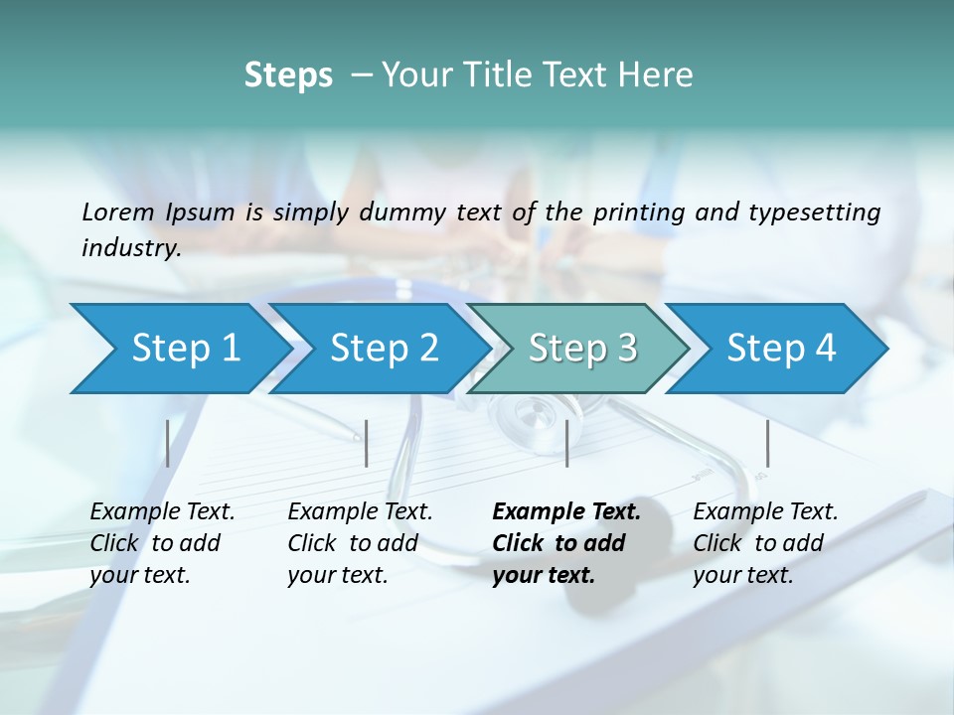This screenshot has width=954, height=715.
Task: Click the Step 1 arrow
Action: coord(179,349)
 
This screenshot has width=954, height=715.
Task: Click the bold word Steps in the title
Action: coord(288,75)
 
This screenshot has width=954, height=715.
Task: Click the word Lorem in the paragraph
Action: coord(117,212)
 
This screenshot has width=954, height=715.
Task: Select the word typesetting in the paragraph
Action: coord(814,212)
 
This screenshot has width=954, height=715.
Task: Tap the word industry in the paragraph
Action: coord(131,247)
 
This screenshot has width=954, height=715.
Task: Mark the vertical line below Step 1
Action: coord(168,443)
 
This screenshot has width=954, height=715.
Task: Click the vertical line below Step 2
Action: coord(367,443)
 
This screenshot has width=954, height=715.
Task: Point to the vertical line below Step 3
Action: coord(566,443)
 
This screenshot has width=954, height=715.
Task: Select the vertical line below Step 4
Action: coord(767,443)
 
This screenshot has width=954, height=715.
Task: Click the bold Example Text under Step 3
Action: coord(566,512)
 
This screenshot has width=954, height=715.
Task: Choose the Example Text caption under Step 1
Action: coord(162,512)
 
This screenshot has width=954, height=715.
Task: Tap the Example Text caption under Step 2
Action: coord(360,512)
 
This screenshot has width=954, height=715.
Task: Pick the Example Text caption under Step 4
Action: coord(765,512)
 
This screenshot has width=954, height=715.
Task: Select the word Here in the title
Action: coord(661,75)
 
